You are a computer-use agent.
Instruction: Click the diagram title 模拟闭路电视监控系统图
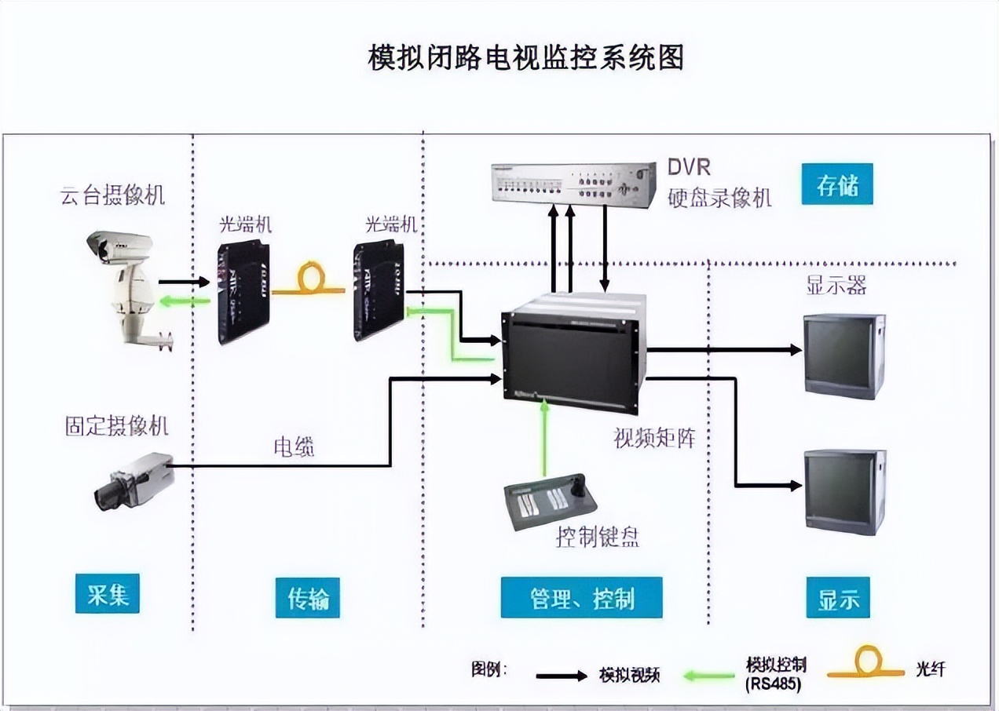(526, 58)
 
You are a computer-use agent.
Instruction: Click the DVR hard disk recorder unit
(573, 182)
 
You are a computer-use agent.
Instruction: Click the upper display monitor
(843, 355)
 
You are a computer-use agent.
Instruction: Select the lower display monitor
(844, 491)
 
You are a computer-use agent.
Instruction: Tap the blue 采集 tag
(108, 593)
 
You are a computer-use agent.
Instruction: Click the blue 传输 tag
(307, 599)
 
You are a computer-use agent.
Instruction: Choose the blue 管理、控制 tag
(581, 598)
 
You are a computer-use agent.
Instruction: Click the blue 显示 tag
(838, 598)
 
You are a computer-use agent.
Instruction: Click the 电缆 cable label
(294, 447)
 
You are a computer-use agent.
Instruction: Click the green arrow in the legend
(709, 674)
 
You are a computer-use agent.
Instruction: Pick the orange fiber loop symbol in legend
(866, 663)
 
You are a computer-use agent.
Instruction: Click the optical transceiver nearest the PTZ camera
(243, 293)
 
